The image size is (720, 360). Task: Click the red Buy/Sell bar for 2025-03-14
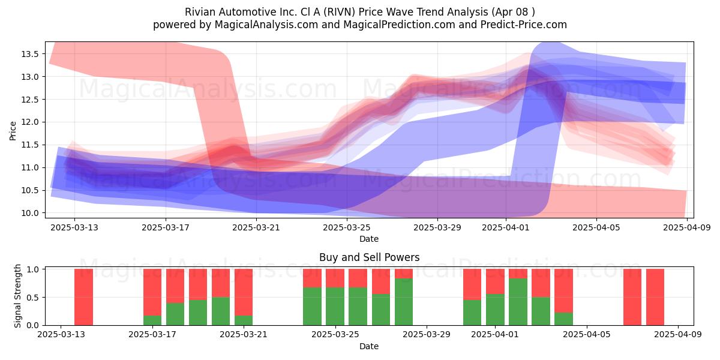click(x=83, y=297)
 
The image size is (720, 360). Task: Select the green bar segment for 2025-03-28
click(x=404, y=302)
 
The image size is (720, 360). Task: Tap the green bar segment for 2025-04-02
click(x=518, y=302)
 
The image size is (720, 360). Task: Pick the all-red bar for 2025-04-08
click(x=655, y=297)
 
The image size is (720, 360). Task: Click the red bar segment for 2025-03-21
click(x=244, y=292)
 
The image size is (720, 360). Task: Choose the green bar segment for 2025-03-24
click(x=312, y=307)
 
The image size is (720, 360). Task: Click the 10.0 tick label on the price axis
click(x=30, y=213)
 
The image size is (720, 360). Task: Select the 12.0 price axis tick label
click(x=30, y=122)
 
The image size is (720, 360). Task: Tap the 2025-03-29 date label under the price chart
click(x=437, y=227)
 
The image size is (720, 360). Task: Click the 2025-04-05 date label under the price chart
click(x=596, y=227)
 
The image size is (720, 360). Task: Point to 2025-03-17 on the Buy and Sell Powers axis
click(x=152, y=335)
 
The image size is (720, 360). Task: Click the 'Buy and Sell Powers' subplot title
click(x=370, y=257)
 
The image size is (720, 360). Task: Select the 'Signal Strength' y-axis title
click(x=17, y=296)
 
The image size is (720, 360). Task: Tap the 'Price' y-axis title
click(x=13, y=131)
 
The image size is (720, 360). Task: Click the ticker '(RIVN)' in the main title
click(x=340, y=12)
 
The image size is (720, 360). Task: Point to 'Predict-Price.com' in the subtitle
click(x=524, y=25)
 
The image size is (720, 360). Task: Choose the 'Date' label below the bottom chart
click(x=369, y=346)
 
